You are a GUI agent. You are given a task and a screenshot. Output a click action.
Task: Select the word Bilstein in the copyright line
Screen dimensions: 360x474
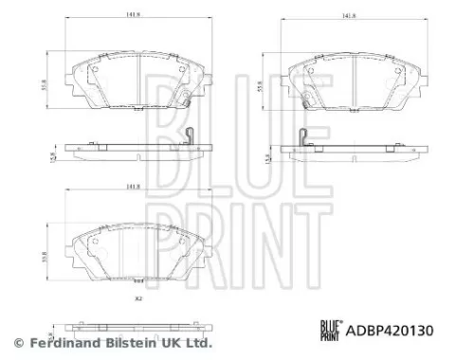point(127,342)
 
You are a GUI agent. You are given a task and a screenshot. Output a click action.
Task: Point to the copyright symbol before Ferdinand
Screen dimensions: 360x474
point(16,342)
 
